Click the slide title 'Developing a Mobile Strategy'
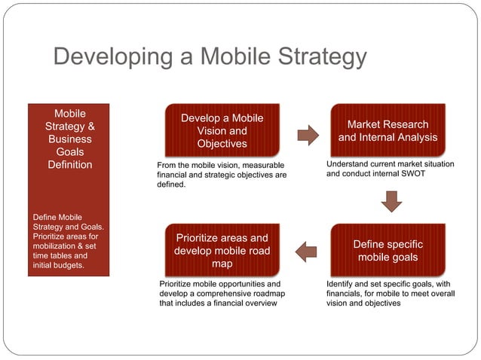click(x=210, y=57)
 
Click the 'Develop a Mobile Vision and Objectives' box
click(x=222, y=130)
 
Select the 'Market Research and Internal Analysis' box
click(x=388, y=130)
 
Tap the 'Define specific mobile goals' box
click(x=388, y=251)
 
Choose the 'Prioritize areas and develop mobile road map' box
click(x=222, y=251)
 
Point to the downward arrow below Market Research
click(x=391, y=201)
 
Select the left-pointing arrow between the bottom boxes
click(x=306, y=252)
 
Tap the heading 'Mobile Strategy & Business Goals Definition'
click(x=70, y=139)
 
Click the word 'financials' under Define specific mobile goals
click(x=346, y=294)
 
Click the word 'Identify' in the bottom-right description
click(x=341, y=284)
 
